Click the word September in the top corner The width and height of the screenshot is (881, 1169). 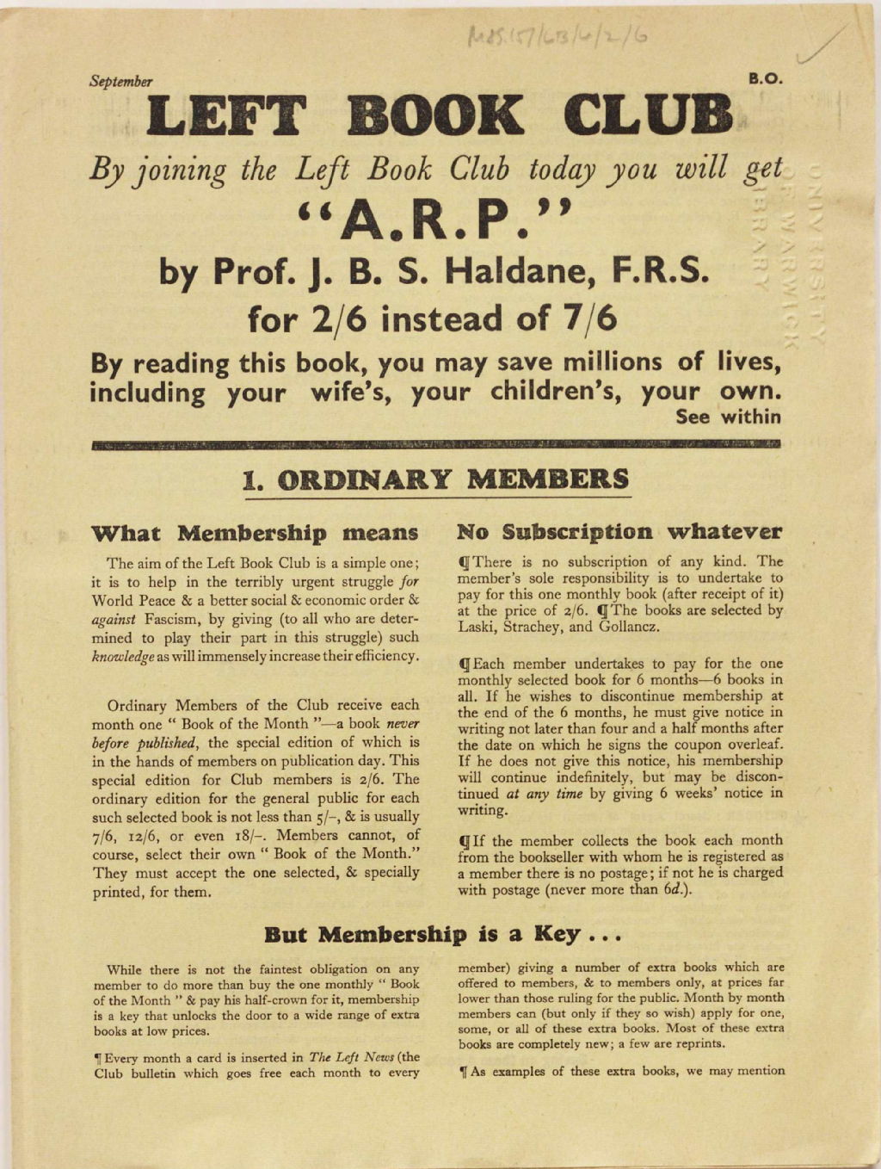(x=120, y=82)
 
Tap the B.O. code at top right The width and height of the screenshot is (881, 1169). (x=765, y=78)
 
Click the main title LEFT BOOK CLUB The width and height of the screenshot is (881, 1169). (x=440, y=117)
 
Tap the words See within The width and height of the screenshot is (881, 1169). (x=728, y=417)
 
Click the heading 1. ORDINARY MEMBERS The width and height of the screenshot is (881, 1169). (x=436, y=479)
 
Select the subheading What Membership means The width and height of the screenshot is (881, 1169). (x=255, y=532)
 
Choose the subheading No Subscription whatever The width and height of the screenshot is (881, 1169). (x=619, y=531)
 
